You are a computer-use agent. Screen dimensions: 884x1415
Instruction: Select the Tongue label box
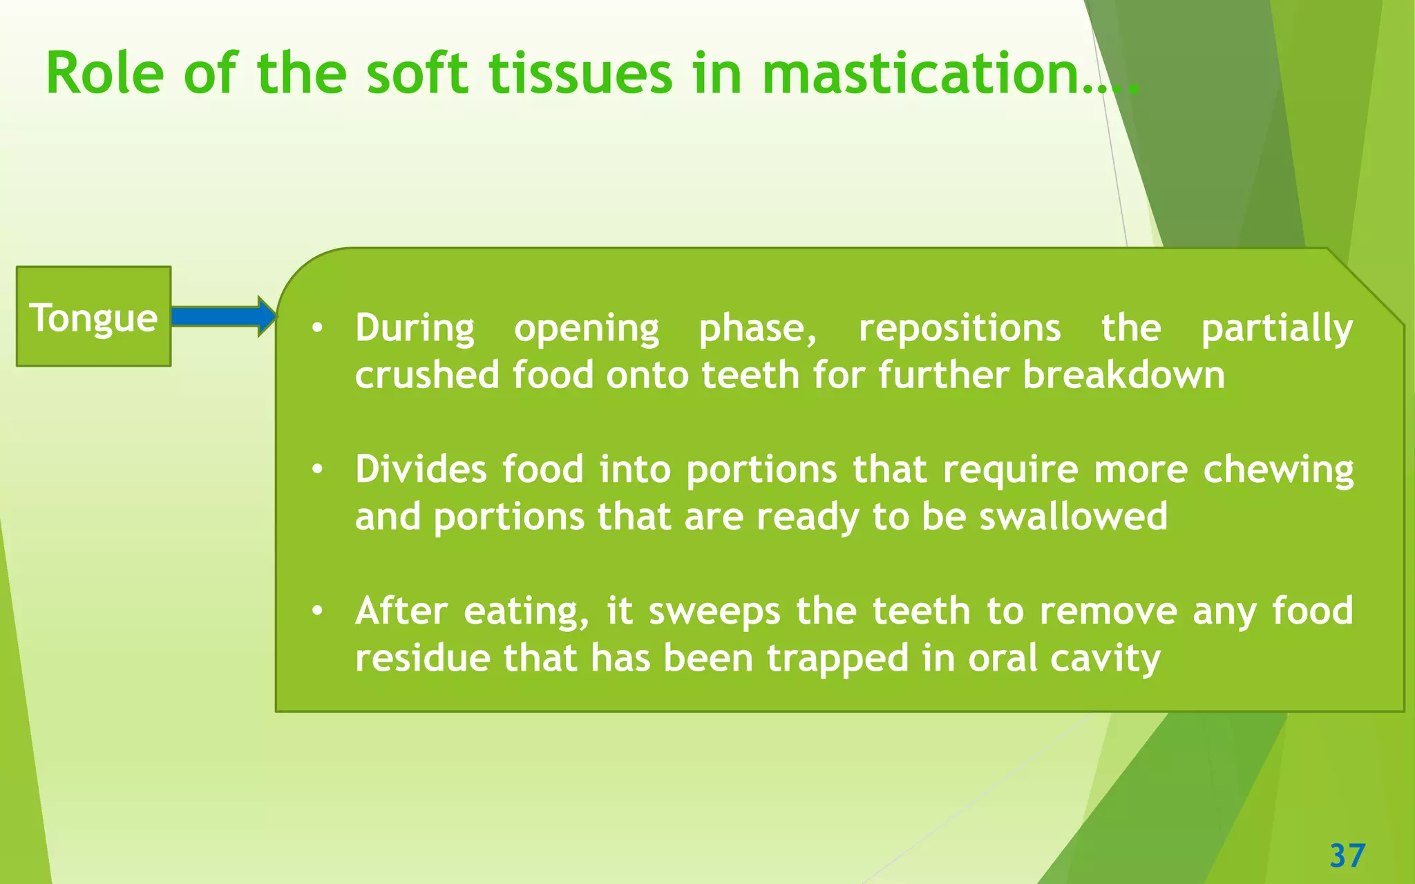pos(93,316)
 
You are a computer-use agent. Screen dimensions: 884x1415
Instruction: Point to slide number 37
pos(1347,856)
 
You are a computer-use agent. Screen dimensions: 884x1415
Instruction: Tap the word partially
pos(1277,329)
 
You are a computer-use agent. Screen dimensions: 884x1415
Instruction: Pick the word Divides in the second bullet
pos(421,469)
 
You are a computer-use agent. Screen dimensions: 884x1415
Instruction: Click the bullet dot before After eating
pos(316,611)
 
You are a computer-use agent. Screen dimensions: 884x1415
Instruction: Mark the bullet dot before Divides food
pos(316,470)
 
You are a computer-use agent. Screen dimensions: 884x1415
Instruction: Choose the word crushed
pos(426,375)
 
